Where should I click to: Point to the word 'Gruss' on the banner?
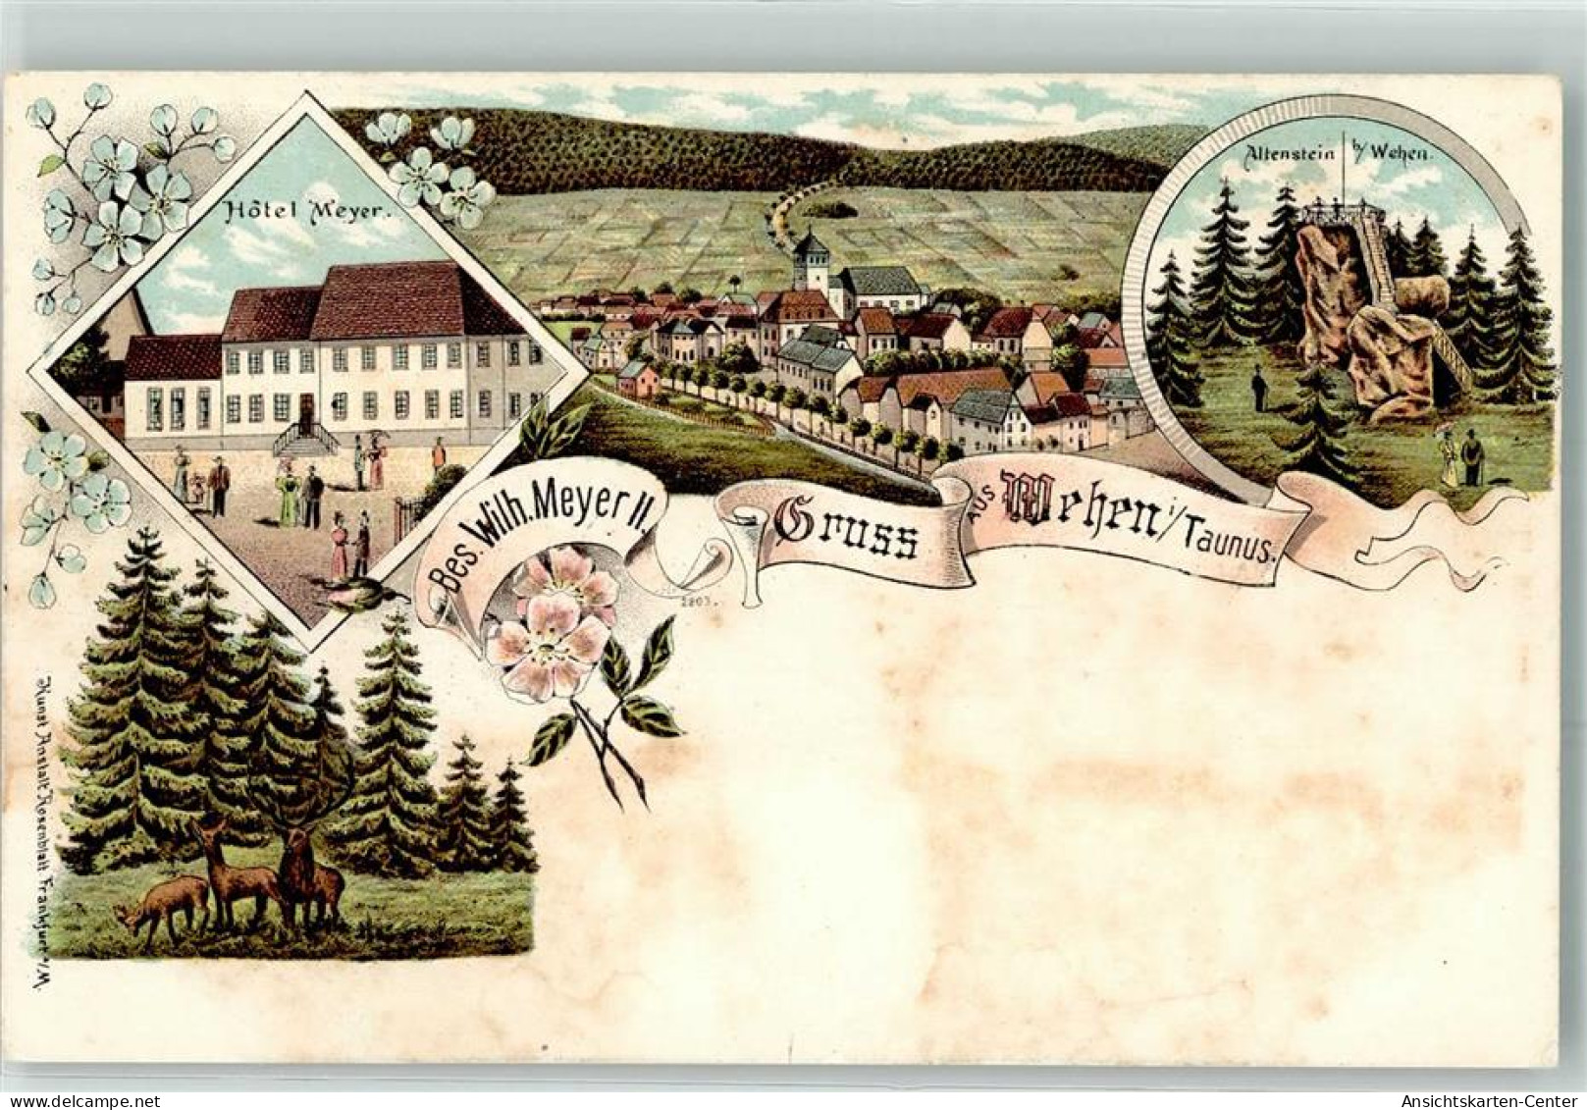[x=846, y=533]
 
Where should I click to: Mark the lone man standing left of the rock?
[x=1258, y=388]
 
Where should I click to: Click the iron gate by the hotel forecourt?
[x=408, y=515]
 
